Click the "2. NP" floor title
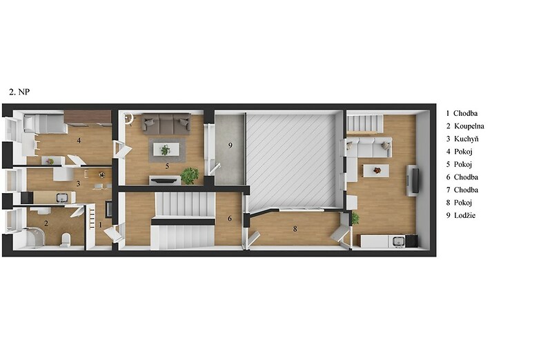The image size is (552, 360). click(x=19, y=92)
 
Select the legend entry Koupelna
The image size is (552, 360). click(x=465, y=126)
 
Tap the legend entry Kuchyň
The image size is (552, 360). click(x=462, y=139)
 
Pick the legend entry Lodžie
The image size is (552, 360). click(x=461, y=215)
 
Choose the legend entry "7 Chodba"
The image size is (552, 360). click(x=462, y=190)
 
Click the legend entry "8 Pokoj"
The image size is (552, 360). click(x=459, y=203)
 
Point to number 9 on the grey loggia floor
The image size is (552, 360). click(x=230, y=146)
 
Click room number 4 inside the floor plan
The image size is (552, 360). click(x=79, y=141)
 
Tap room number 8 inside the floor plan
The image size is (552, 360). click(x=295, y=229)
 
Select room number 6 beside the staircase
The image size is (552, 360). click(x=230, y=219)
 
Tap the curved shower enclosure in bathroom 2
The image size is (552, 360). click(x=35, y=237)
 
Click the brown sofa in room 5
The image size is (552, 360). click(x=166, y=123)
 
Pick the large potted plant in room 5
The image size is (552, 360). click(x=190, y=176)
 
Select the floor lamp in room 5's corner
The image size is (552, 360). click(x=128, y=118)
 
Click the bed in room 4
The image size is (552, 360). click(x=45, y=123)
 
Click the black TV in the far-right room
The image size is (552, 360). click(x=415, y=181)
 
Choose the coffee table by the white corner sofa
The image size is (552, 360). click(x=376, y=170)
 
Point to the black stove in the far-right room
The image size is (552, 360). click(x=411, y=241)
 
